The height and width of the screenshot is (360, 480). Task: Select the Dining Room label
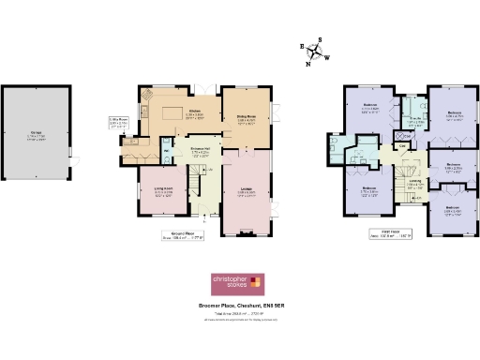245,119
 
